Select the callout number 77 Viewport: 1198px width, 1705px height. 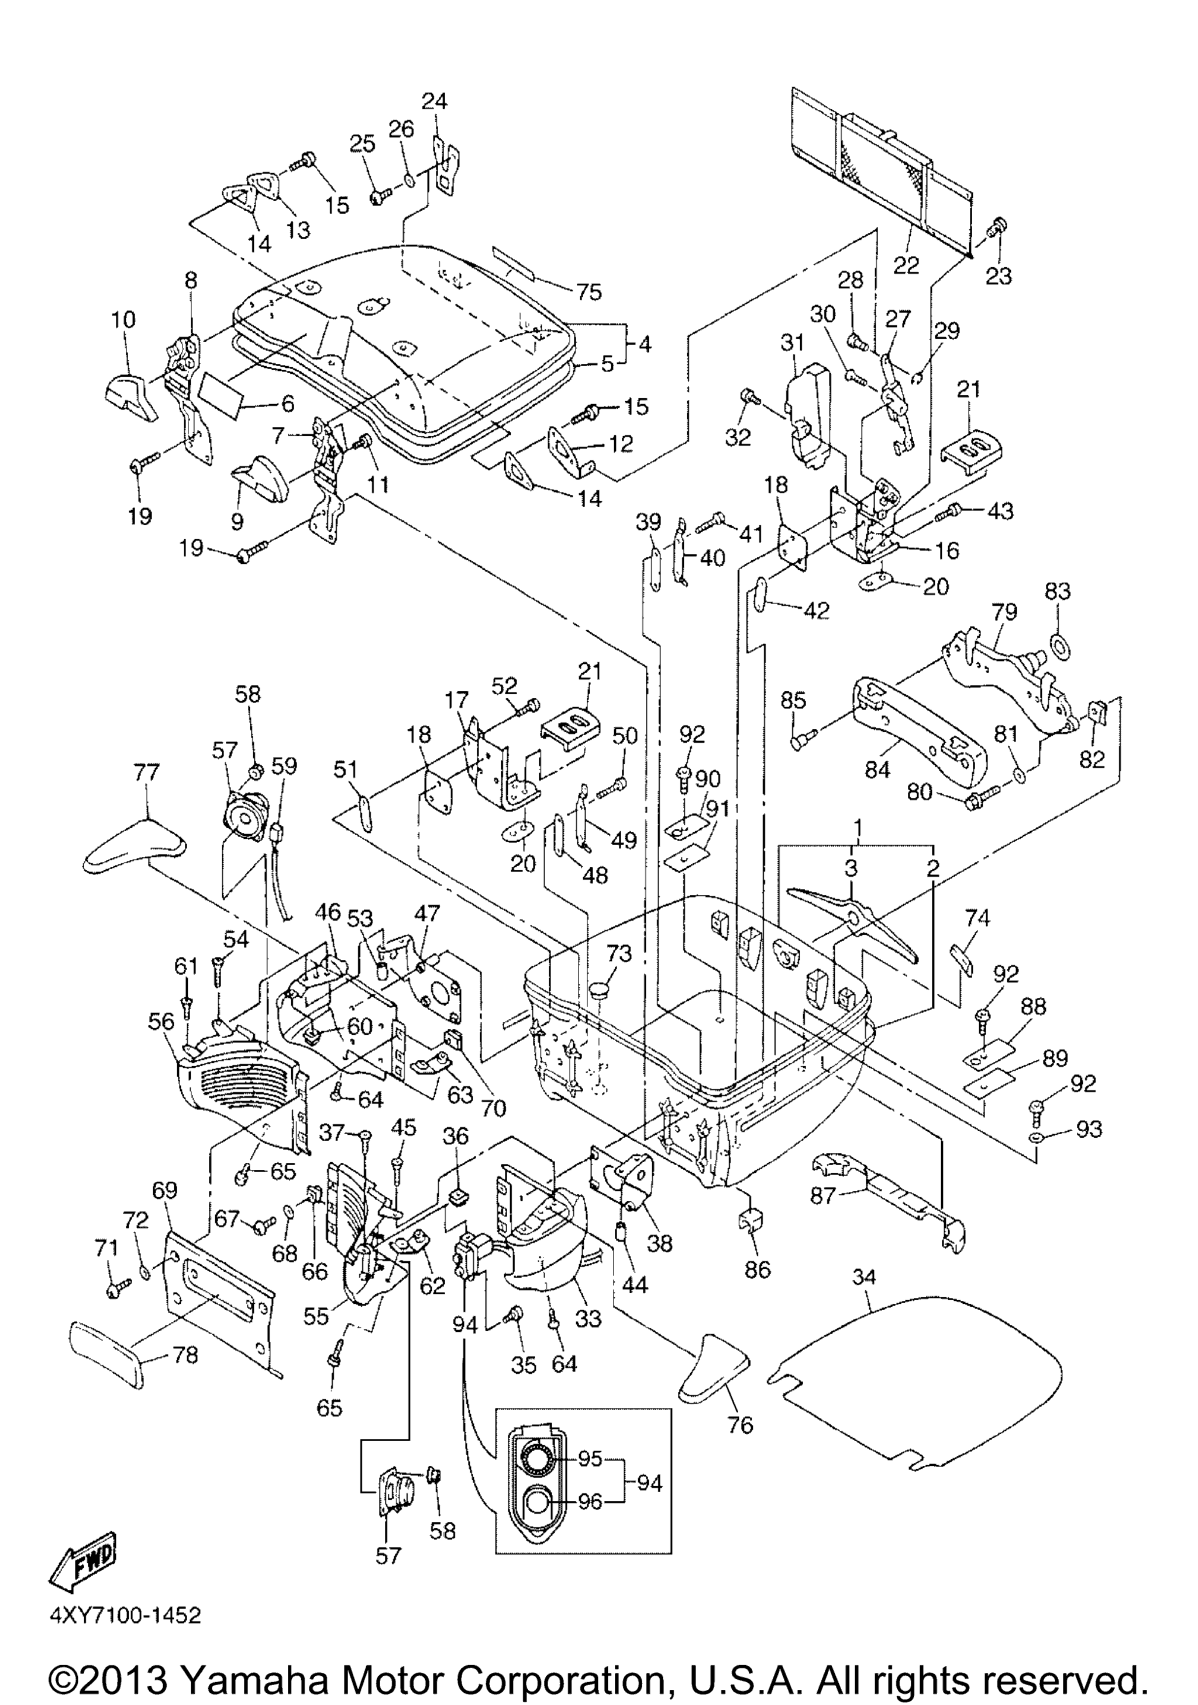click(146, 772)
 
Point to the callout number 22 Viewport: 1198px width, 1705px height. click(907, 265)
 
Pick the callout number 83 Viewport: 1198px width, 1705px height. click(1058, 591)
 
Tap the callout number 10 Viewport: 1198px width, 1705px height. click(124, 320)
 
